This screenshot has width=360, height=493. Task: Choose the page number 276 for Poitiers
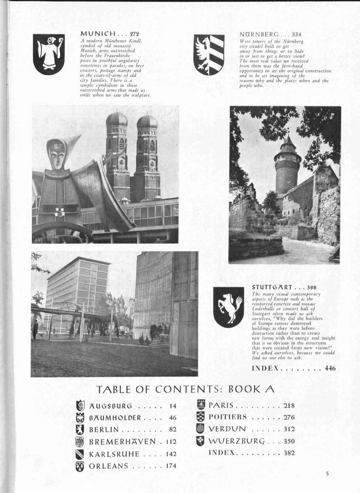click(x=289, y=418)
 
